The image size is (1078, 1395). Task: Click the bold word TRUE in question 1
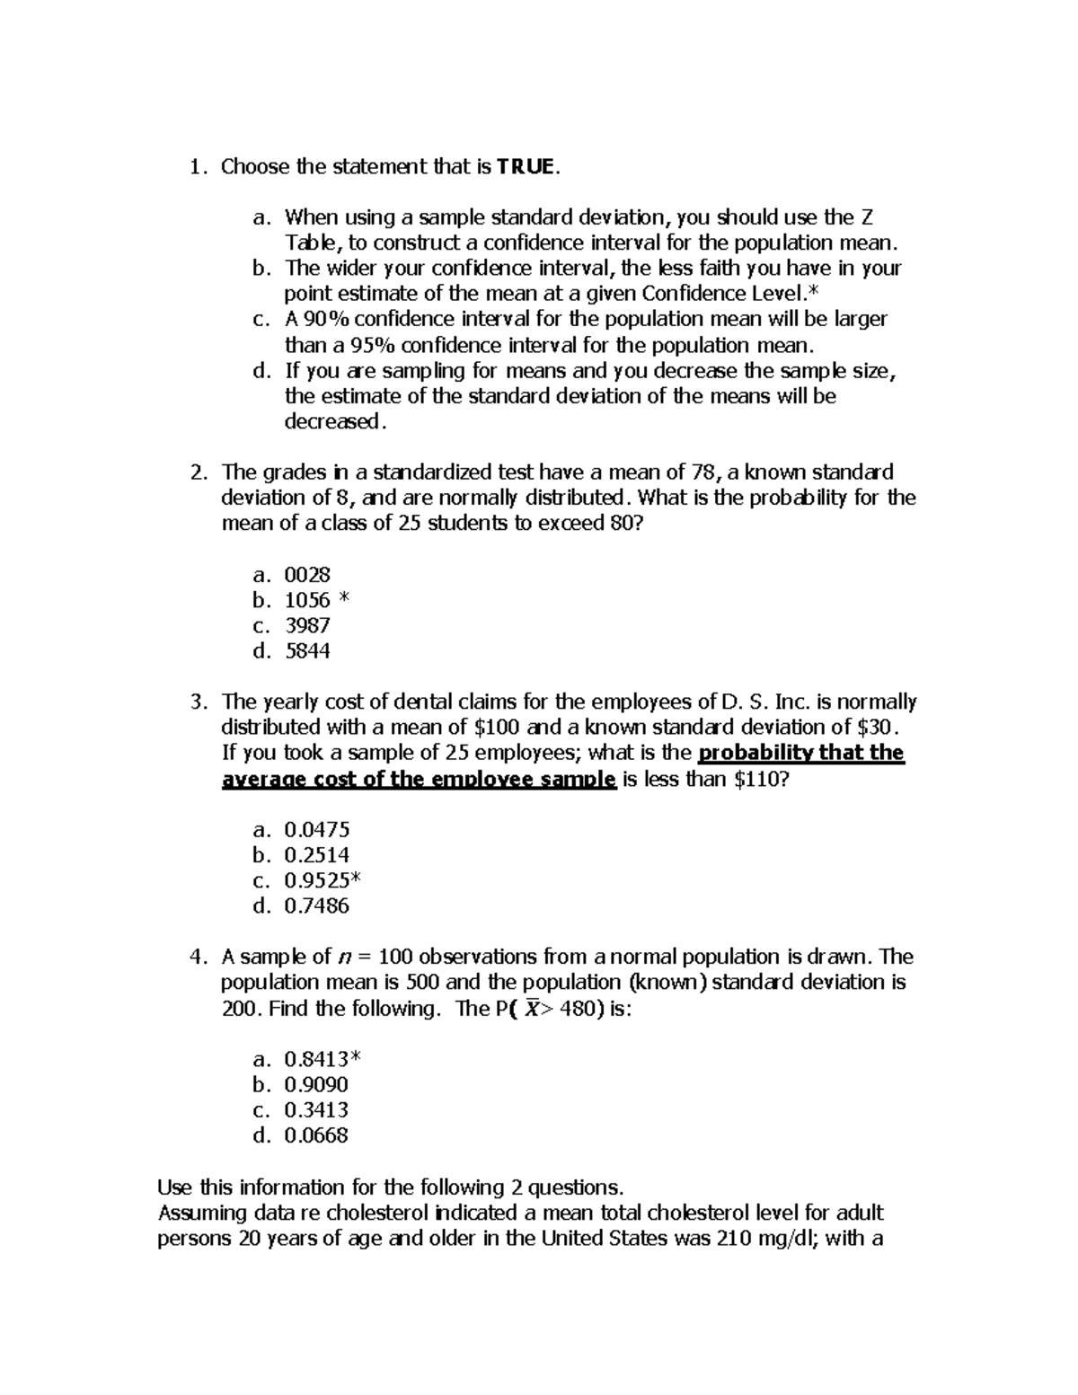tap(526, 167)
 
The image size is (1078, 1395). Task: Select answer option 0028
tap(307, 575)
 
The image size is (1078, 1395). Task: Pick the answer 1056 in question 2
tap(307, 600)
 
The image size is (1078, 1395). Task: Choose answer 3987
tap(307, 626)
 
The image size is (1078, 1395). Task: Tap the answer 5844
tap(307, 651)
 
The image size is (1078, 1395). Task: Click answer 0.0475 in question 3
tap(316, 830)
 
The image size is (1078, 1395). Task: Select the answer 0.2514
tap(316, 855)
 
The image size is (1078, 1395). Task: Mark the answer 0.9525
tap(316, 880)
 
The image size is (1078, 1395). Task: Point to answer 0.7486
tap(316, 906)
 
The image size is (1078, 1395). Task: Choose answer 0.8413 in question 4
tap(316, 1059)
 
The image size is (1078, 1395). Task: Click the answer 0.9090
tap(316, 1085)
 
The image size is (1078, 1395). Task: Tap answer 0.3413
tap(316, 1110)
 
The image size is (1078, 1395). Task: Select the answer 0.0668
tap(316, 1135)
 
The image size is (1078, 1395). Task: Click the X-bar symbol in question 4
tap(532, 1008)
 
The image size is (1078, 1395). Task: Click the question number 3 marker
tap(197, 702)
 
